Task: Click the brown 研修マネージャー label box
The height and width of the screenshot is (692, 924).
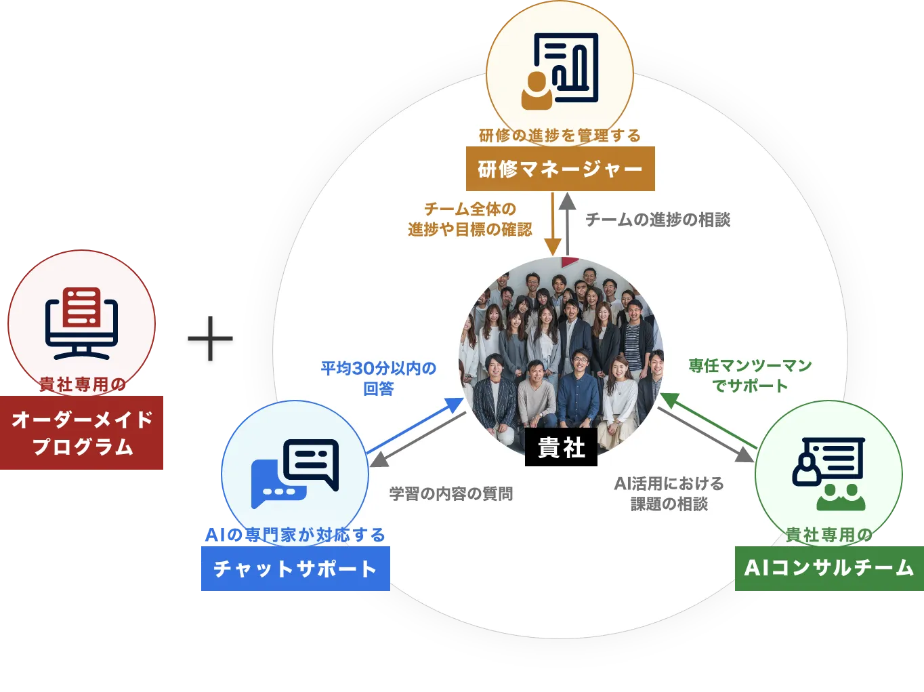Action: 560,169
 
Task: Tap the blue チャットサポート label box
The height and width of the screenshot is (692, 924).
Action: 295,569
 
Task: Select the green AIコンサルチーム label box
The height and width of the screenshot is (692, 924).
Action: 829,568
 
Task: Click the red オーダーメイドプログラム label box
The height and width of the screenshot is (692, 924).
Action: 83,433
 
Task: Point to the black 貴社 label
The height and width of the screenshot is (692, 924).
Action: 561,447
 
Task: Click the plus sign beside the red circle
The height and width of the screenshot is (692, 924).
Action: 211,338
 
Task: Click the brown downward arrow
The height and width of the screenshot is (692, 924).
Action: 553,224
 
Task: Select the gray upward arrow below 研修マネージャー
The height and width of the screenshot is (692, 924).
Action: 568,224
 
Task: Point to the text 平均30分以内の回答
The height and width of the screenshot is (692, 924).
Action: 378,378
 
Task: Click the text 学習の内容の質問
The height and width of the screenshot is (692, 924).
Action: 451,493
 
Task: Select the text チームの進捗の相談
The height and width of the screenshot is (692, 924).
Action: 658,220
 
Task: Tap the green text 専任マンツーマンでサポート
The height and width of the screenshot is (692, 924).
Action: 750,375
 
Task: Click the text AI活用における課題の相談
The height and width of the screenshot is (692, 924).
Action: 669,493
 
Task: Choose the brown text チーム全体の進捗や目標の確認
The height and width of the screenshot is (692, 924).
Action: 469,219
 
